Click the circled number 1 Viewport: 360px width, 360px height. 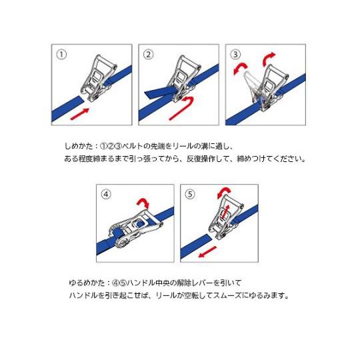pos(61,55)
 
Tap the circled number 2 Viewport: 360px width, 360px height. pos(148,55)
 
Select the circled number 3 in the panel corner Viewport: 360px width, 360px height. pos(235,55)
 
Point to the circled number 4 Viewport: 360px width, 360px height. pos(106,194)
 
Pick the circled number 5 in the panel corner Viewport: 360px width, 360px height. pos(190,194)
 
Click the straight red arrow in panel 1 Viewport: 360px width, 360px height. pos(79,114)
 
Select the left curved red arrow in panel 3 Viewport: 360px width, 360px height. pos(239,69)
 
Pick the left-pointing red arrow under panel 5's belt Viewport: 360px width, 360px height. pos(207,252)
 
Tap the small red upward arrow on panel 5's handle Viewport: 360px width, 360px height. pos(227,212)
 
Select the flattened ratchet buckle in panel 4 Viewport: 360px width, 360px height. pos(135,228)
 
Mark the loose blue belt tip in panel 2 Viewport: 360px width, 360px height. pos(159,93)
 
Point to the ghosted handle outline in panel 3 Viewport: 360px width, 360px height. pos(251,85)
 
